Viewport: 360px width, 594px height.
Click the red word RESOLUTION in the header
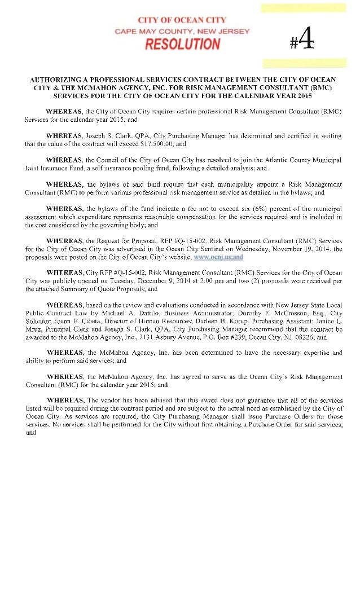(x=182, y=45)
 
